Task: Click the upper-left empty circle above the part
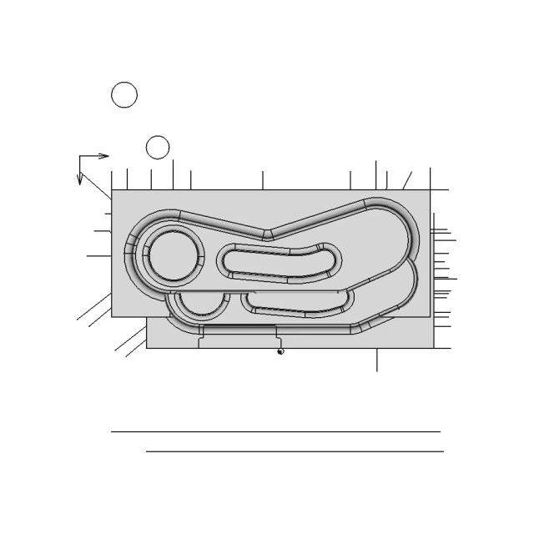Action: (123, 95)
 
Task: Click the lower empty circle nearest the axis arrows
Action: (158, 148)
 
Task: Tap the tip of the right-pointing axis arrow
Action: (109, 155)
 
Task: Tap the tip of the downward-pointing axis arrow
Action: (80, 184)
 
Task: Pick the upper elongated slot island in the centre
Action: (280, 264)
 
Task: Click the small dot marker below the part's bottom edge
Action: (280, 352)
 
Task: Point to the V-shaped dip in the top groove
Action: (267, 235)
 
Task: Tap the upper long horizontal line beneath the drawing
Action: (275, 431)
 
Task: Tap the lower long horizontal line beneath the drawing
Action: (295, 451)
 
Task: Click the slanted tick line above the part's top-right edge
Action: (407, 180)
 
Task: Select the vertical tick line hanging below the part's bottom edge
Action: (377, 360)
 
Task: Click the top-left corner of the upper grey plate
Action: (112, 190)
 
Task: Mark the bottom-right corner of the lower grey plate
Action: (431, 347)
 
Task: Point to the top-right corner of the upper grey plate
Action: (431, 190)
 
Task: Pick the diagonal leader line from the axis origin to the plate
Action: (96, 185)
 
